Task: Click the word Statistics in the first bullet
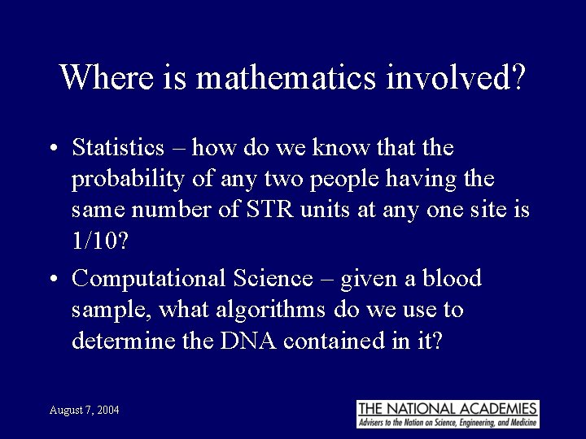click(118, 148)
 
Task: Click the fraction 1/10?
click(99, 241)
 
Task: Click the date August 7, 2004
click(84, 410)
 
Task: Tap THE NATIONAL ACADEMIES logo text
click(448, 408)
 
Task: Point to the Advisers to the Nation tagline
click(448, 423)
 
